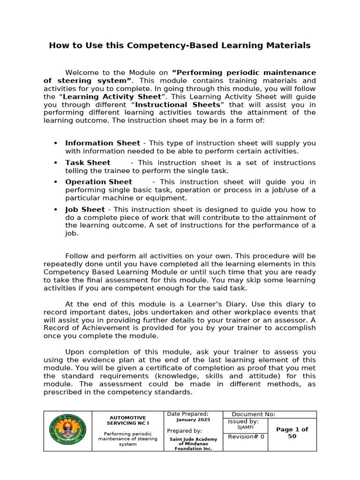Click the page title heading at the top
pyautogui.click(x=180, y=45)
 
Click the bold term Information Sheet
pyautogui.click(x=102, y=143)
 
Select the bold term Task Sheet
pyautogui.click(x=88, y=163)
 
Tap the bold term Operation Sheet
pyautogui.click(x=98, y=182)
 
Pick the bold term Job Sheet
pyautogui.click(x=85, y=210)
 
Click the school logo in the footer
pyautogui.click(x=67, y=431)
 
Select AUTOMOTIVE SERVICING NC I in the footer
pyautogui.click(x=127, y=420)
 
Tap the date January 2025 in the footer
pyautogui.click(x=193, y=420)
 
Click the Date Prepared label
pyautogui.click(x=187, y=414)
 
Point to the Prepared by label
pyautogui.click(x=184, y=431)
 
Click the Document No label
pyautogui.click(x=253, y=414)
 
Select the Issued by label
pyautogui.click(x=243, y=421)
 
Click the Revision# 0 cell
pyautogui.click(x=246, y=437)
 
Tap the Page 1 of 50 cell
pyautogui.click(x=292, y=433)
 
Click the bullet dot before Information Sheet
pyautogui.click(x=56, y=143)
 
